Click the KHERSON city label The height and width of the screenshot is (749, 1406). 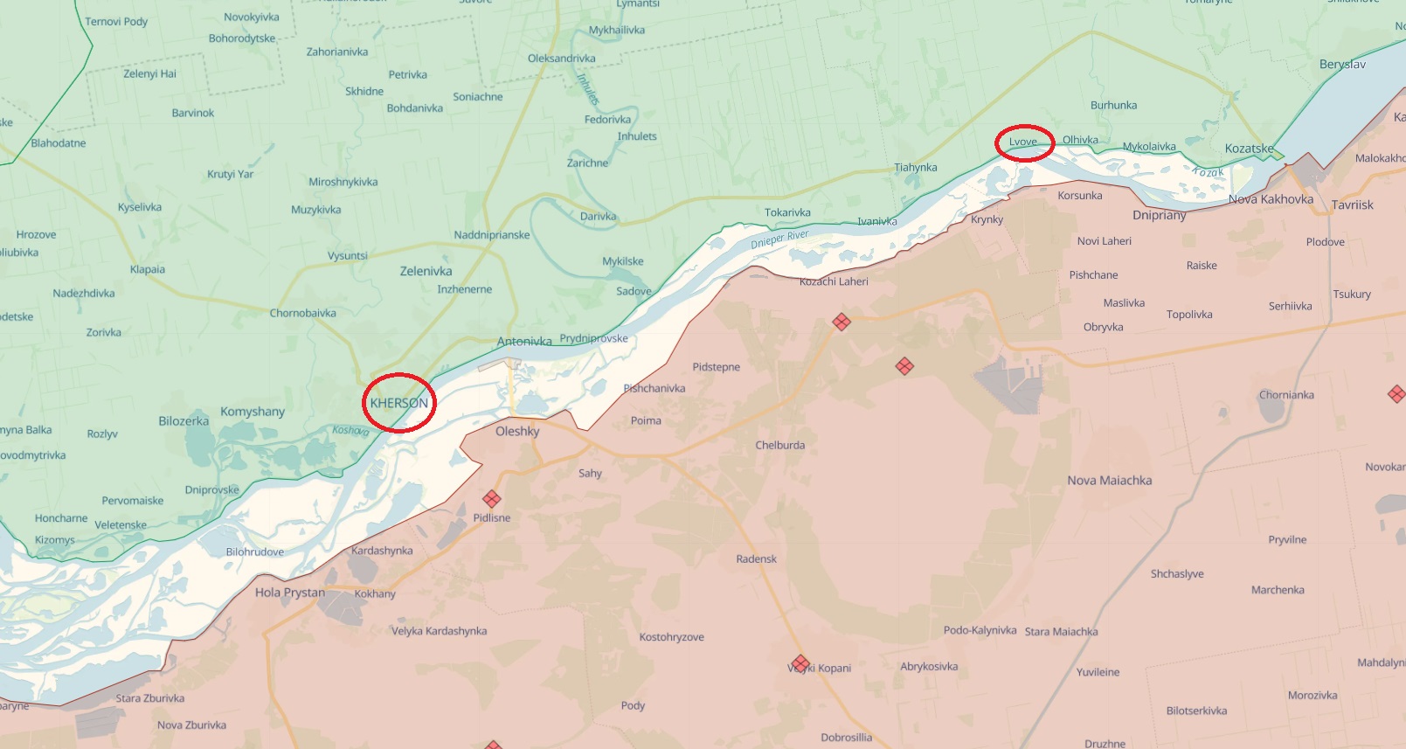point(398,403)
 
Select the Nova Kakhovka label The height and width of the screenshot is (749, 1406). point(1270,199)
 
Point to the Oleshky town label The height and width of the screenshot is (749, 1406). point(517,431)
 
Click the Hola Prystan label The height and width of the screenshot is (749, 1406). point(290,593)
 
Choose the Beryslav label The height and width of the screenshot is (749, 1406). point(1342,65)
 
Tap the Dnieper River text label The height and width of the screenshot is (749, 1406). point(779,239)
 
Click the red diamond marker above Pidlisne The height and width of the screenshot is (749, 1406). point(492,499)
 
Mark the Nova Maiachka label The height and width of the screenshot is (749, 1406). point(1109,481)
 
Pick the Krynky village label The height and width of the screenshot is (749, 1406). point(987,219)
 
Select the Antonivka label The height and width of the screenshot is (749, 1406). point(524,342)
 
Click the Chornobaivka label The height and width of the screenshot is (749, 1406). point(302,313)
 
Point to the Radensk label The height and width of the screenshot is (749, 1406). point(756,559)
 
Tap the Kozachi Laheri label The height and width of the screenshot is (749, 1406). point(834,281)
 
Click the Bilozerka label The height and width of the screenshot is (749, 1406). point(184,421)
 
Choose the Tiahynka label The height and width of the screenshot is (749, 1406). point(915,168)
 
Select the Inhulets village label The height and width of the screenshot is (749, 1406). point(637,136)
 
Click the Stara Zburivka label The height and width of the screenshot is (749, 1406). point(150,698)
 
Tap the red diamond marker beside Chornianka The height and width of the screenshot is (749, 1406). point(1396,394)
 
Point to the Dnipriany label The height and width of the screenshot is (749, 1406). point(1159,215)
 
